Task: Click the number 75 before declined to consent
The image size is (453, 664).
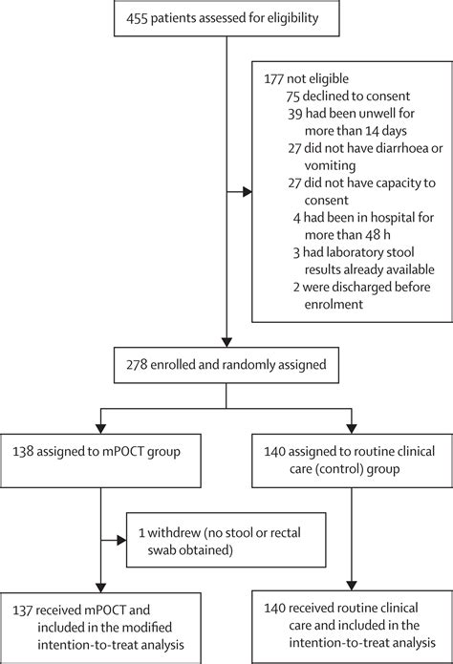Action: coord(293,96)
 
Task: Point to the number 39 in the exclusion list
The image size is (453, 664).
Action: coord(293,113)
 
